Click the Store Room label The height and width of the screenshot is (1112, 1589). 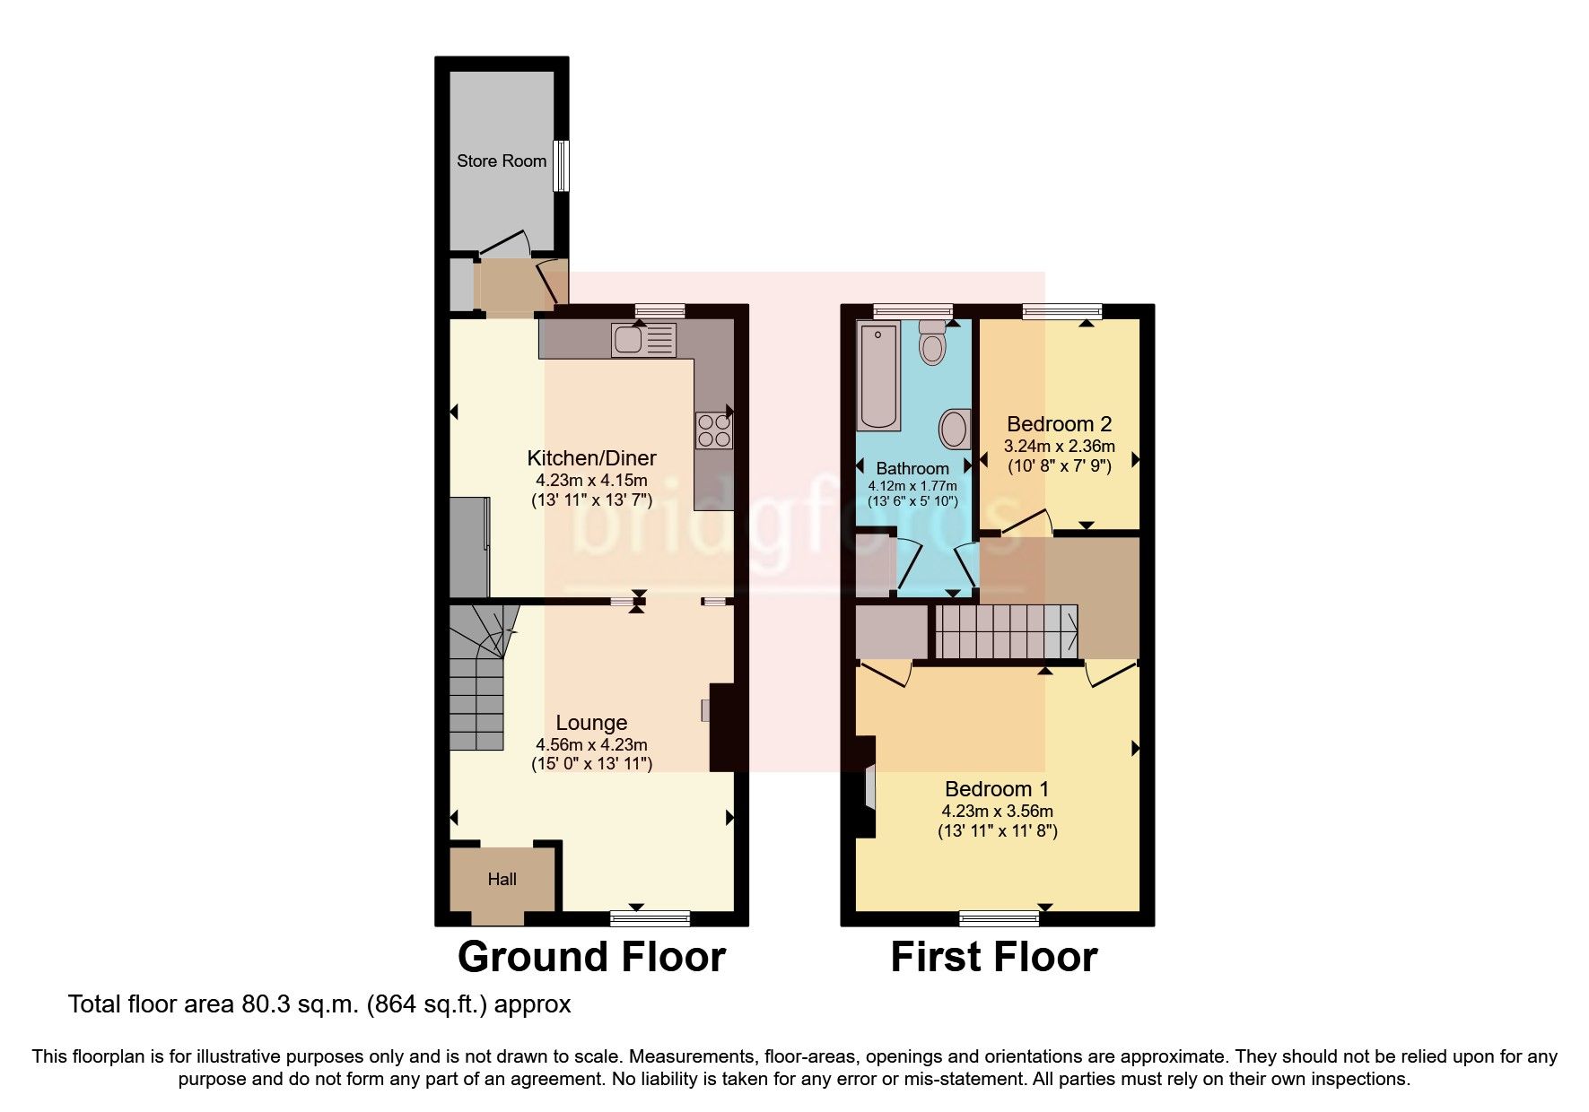501,161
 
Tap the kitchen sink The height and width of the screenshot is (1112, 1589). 643,340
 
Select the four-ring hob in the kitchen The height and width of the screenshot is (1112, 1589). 713,430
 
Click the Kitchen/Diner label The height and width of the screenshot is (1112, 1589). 591,458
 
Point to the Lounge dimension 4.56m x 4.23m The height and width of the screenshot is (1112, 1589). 591,744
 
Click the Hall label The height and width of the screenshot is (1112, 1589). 502,880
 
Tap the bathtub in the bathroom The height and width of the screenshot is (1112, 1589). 877,378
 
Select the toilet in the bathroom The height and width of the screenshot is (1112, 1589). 933,342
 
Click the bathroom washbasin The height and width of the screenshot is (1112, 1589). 955,430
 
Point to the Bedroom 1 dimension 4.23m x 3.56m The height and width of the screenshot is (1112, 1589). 997,811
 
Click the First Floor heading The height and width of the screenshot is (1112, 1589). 993,957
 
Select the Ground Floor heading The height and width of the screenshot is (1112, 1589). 591,957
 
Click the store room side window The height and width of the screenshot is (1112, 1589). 561,165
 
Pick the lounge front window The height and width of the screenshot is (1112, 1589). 650,918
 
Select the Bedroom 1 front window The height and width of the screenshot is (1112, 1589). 999,918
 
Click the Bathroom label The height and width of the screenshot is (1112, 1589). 912,468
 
